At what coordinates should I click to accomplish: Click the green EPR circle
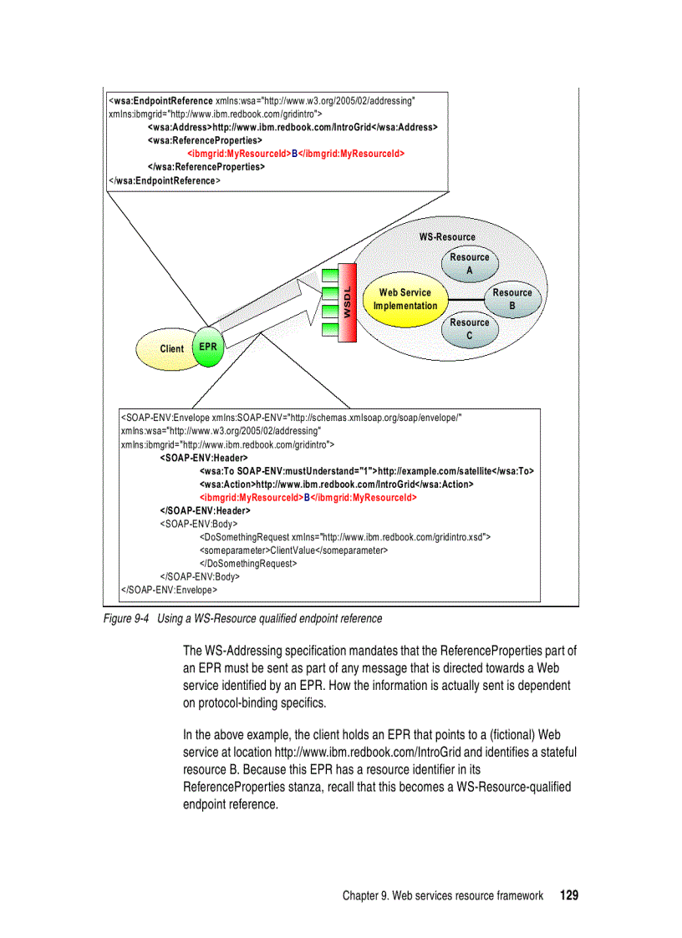(x=209, y=347)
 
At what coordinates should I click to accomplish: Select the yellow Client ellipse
(x=170, y=349)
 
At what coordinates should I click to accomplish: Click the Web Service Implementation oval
(x=405, y=299)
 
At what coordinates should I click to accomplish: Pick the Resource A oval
(x=469, y=264)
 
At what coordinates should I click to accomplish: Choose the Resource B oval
(x=512, y=299)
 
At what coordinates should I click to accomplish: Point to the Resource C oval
(x=469, y=329)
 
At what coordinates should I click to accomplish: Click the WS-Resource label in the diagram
(x=447, y=237)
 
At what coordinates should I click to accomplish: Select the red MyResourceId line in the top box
(x=296, y=154)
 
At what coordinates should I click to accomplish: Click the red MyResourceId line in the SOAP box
(x=308, y=497)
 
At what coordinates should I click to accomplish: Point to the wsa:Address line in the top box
(x=293, y=127)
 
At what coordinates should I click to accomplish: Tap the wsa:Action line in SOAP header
(x=336, y=484)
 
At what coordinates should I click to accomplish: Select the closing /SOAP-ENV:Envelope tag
(x=170, y=589)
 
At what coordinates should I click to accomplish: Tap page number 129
(x=568, y=895)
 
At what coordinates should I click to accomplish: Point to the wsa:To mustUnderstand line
(x=366, y=471)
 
